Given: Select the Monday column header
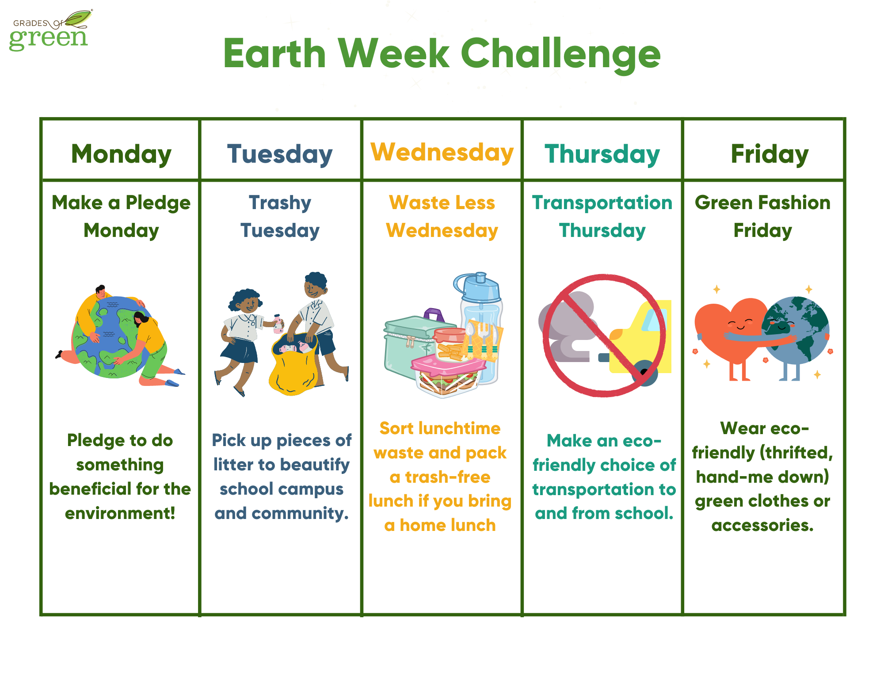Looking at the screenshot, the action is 121,154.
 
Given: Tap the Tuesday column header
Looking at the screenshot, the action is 280,154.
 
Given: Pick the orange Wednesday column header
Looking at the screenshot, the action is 442,153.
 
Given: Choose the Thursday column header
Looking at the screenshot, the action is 602,154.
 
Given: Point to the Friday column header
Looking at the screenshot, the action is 770,154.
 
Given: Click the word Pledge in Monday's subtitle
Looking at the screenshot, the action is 158,203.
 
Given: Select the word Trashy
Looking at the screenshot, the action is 280,203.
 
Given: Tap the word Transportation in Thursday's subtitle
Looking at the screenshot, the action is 602,203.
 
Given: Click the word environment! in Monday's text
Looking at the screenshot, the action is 120,513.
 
